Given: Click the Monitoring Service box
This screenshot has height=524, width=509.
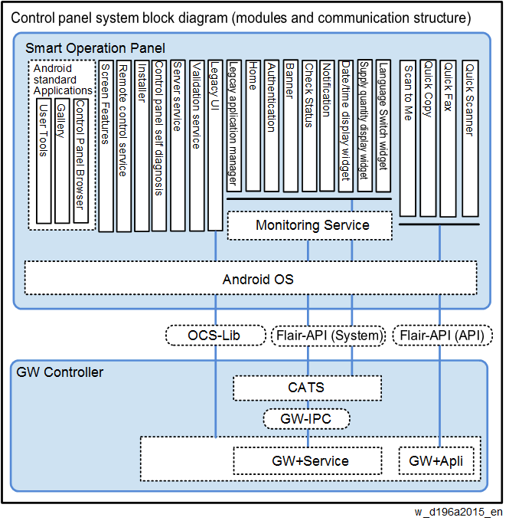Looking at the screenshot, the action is coord(309,225).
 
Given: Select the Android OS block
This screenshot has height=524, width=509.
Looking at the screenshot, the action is coord(250,278).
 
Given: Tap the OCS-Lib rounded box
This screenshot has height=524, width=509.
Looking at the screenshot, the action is coord(215,336).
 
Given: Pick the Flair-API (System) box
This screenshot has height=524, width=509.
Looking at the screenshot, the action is coord(328,336).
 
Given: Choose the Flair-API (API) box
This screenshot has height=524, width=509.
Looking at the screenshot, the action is coord(442,336).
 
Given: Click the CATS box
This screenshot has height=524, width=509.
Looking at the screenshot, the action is coord(307,388).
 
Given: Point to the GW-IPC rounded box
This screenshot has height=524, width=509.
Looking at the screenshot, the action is coord(307,419).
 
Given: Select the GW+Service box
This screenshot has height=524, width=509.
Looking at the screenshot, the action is coord(307,461).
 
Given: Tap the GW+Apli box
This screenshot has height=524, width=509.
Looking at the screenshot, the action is coord(436,461).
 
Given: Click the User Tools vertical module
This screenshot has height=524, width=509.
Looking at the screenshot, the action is coord(44,161).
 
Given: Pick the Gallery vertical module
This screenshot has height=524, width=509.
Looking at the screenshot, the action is coord(62,161).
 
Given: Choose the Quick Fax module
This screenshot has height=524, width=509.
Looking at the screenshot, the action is coord(448,139).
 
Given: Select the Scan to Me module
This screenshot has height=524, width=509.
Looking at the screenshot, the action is coord(408,139).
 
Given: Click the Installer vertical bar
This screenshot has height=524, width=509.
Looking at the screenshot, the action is coord(142,146).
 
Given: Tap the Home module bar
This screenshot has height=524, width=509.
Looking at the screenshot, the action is coord(253,126).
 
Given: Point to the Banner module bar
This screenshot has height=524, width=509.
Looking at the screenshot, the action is coord(291,126).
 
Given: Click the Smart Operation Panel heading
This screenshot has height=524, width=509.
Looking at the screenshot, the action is coord(95,48).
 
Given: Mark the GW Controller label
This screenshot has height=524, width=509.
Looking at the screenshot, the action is coord(60,372).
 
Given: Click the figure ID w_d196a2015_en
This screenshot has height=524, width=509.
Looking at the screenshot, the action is coord(458,512).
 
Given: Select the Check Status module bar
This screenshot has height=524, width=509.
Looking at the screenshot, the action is coord(309,126).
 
